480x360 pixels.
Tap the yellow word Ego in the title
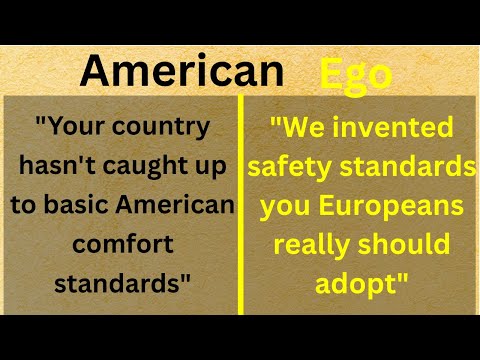(355, 74)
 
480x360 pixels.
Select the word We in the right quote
(300, 128)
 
